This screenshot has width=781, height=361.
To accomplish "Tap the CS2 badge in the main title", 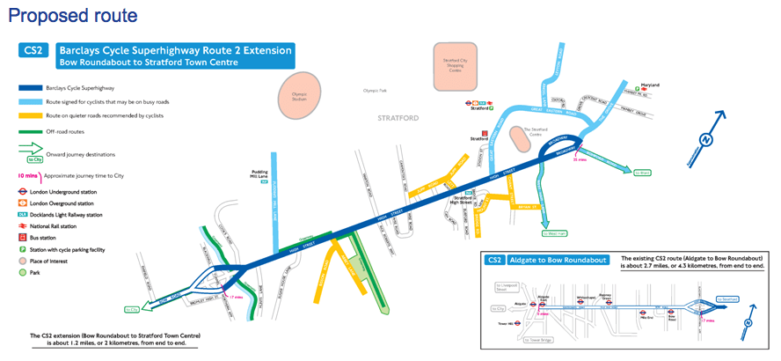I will point(33,51).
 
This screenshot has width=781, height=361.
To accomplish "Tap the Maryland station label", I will point(649,85).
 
